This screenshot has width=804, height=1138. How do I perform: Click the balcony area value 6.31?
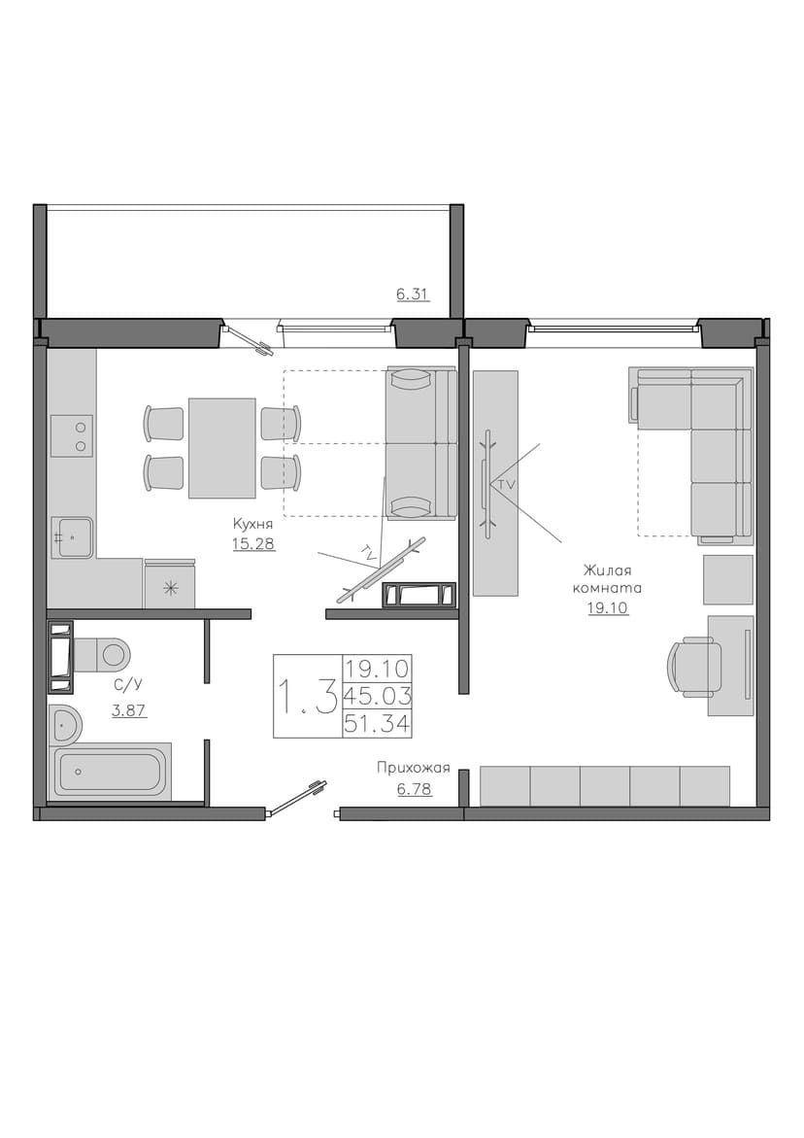[x=414, y=293]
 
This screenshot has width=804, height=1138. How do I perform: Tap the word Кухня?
[x=252, y=523]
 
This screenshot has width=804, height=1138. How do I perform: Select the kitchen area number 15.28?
[x=253, y=543]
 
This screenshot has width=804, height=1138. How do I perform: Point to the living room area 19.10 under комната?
[x=608, y=608]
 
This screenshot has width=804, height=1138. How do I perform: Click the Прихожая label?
[x=414, y=768]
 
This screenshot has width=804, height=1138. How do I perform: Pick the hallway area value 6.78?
[x=415, y=788]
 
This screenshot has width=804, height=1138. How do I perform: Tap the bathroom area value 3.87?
[x=129, y=710]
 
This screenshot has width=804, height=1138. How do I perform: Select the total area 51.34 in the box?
[x=378, y=724]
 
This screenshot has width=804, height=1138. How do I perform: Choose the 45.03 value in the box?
[x=378, y=696]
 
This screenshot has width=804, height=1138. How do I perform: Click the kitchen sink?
[x=71, y=537]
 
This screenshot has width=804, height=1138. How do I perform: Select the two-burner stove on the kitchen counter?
[x=72, y=436]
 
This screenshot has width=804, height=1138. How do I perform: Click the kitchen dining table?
[x=221, y=448]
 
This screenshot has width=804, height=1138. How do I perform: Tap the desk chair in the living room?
[x=695, y=667]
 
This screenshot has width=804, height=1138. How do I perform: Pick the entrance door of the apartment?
[x=295, y=799]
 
